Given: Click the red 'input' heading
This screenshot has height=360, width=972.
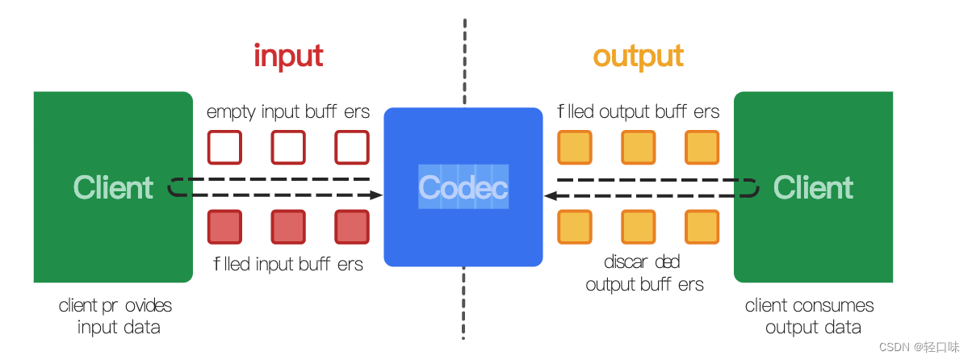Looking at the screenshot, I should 288,57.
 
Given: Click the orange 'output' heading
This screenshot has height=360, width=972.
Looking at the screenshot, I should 638,57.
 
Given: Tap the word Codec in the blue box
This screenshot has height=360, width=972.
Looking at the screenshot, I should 463,187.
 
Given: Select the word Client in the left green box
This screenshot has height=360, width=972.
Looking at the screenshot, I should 113,187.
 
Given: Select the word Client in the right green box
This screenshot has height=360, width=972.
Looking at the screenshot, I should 813,187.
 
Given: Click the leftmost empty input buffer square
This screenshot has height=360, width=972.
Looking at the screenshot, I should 224,147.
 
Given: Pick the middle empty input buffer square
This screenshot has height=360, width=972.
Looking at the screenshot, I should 288,147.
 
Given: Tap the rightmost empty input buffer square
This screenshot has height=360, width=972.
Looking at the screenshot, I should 352,147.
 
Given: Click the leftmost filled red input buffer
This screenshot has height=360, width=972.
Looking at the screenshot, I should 224,227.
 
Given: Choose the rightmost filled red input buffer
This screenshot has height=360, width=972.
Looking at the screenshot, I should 352,227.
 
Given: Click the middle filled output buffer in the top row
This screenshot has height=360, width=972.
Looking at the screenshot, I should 638,147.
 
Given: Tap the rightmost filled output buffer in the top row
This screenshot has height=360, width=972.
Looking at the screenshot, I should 702,147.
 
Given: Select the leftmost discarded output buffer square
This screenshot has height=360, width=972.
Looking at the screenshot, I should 575,227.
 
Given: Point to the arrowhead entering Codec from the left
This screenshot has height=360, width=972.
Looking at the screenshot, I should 376,195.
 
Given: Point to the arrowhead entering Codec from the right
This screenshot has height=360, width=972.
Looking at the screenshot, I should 550,195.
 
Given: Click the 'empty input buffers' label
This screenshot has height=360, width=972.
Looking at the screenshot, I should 288,111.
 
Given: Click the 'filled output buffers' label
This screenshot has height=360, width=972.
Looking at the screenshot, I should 638,111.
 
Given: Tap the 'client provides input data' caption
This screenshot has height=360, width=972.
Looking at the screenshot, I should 115,316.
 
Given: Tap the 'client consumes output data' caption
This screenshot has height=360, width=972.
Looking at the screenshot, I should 810,316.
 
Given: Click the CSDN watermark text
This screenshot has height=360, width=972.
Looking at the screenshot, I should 922,347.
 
